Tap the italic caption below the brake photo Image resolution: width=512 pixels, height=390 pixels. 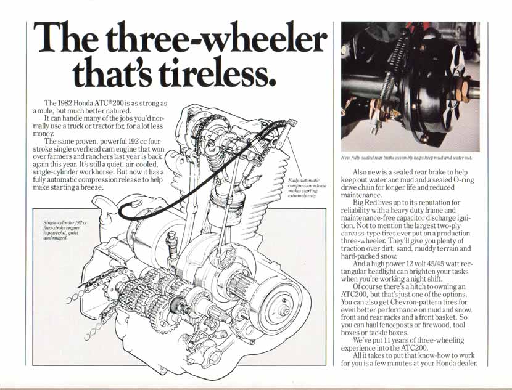407,158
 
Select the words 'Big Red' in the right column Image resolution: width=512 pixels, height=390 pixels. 363,203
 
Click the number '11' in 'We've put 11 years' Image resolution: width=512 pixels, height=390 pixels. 387,341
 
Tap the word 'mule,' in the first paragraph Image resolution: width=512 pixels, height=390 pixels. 40,111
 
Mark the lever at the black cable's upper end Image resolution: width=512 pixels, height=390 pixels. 285,134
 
